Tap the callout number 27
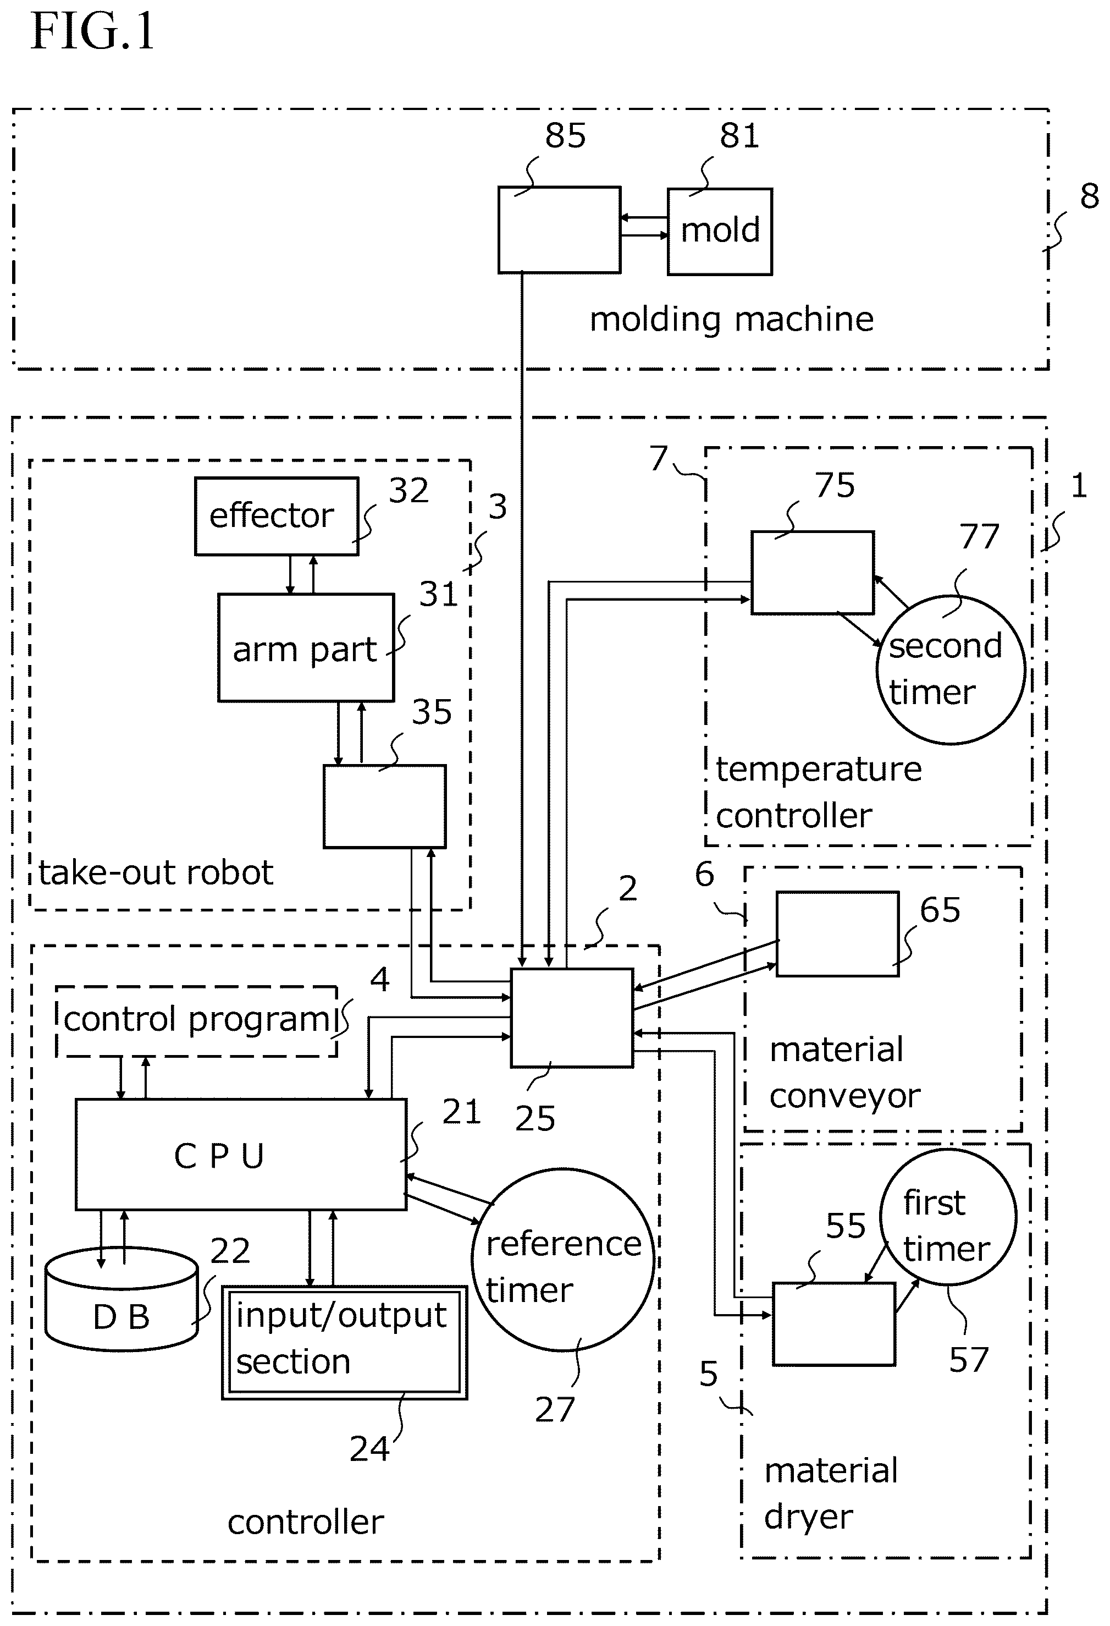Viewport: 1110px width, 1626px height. coord(555,1409)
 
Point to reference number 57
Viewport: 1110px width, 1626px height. coord(969,1359)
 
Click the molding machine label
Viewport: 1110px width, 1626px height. coord(732,319)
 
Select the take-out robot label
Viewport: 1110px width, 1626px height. coord(155,872)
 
